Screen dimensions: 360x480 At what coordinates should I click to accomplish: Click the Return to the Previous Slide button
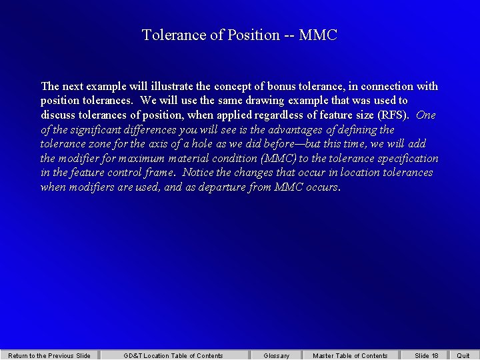click(49, 355)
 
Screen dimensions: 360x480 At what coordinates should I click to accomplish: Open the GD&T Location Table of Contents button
click(173, 355)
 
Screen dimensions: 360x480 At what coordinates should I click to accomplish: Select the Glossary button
click(276, 355)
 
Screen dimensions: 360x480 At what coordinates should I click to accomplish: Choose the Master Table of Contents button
click(350, 355)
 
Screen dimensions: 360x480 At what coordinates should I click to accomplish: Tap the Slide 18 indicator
click(427, 355)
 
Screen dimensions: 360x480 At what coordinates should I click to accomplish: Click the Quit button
click(463, 355)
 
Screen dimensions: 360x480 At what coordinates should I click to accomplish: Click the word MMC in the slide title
click(318, 35)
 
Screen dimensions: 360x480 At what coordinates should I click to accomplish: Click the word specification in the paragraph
click(408, 158)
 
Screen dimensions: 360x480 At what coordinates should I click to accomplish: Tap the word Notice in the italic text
click(198, 173)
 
